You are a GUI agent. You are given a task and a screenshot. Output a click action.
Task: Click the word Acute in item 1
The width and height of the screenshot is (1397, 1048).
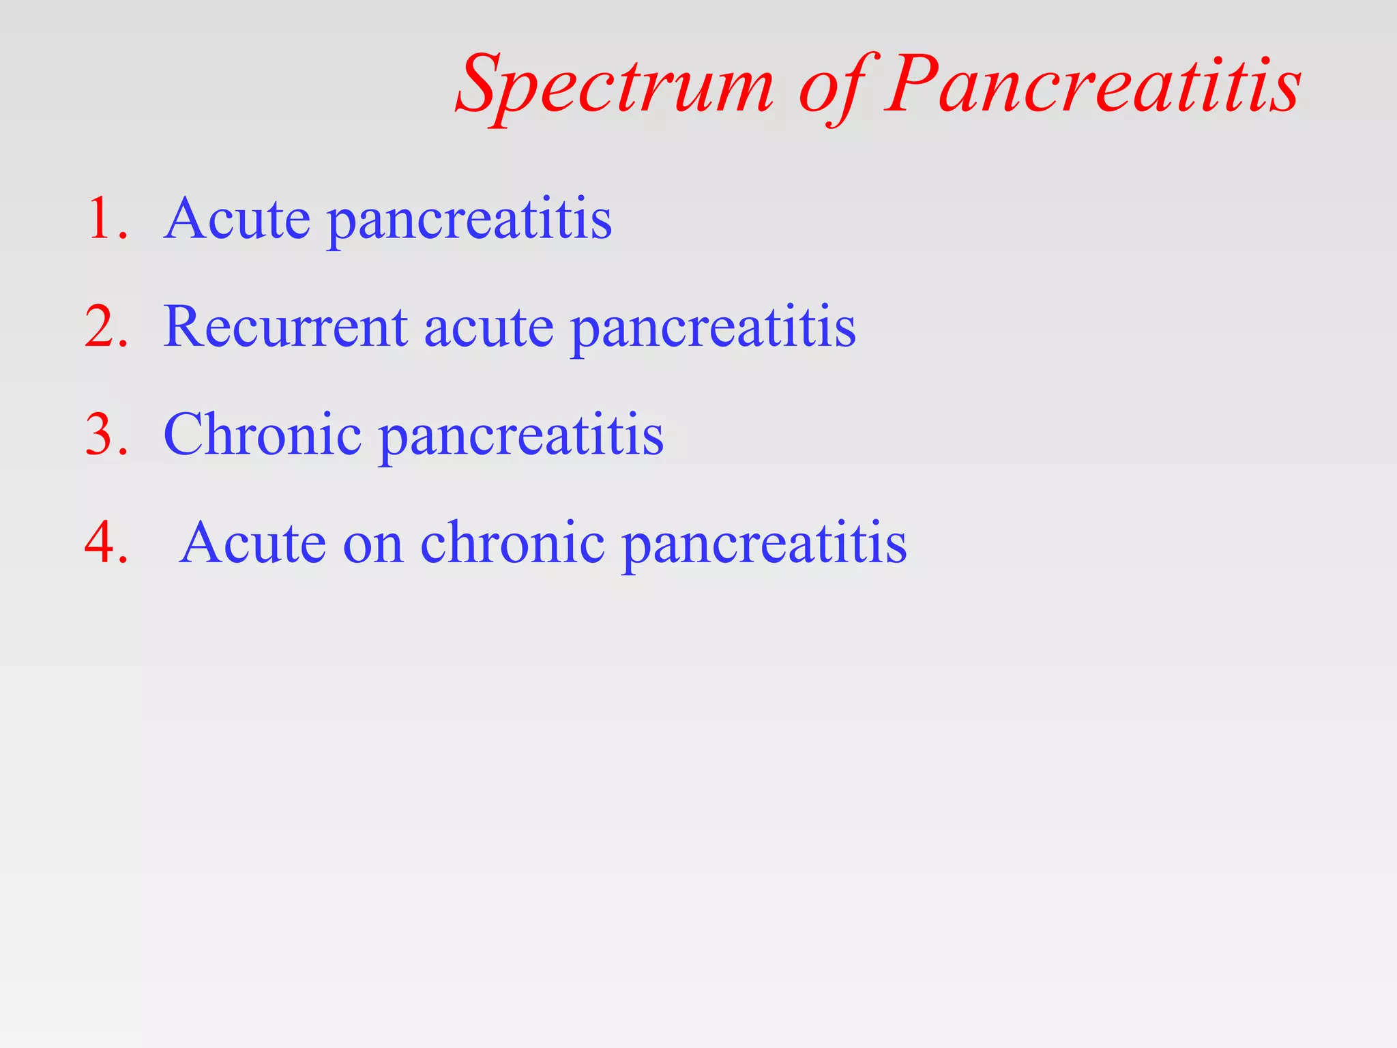[x=237, y=219]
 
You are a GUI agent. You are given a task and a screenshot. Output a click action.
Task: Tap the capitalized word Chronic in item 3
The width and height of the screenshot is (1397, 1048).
[x=262, y=435]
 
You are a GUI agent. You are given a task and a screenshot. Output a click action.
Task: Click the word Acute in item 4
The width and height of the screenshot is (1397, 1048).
[x=253, y=543]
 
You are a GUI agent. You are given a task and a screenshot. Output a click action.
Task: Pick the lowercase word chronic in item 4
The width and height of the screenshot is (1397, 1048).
[x=512, y=543]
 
